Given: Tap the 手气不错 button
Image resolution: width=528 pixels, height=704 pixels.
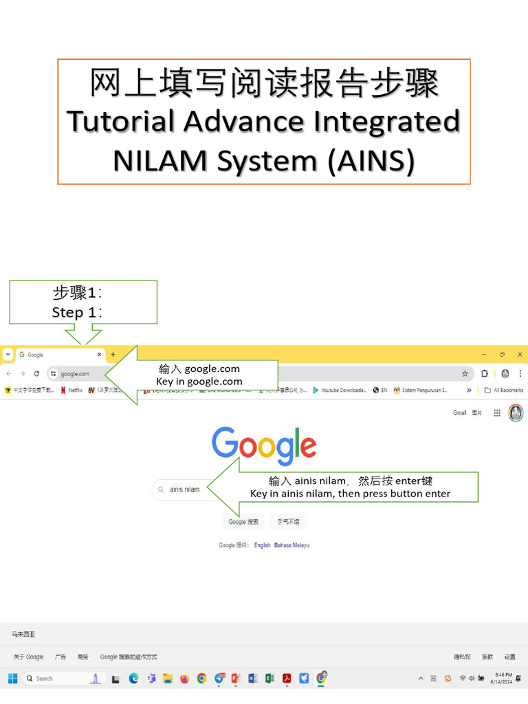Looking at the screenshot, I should [x=288, y=522].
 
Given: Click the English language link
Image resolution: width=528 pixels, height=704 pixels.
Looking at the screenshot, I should [x=262, y=545].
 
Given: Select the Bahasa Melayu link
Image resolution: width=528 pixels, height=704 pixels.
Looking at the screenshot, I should [x=291, y=545].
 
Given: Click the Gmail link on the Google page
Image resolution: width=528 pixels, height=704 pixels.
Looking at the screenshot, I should [x=459, y=413].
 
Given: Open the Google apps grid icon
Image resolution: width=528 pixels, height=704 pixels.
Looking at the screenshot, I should [x=496, y=413].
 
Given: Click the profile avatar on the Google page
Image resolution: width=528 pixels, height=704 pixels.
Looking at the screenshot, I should [x=516, y=413].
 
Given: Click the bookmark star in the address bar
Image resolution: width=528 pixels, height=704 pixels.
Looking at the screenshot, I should [x=465, y=374].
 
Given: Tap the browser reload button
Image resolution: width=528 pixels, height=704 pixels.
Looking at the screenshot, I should [x=36, y=374].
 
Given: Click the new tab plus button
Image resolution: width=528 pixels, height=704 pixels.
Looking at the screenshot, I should [x=113, y=355].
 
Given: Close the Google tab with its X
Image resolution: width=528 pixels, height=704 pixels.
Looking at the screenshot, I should [x=100, y=355].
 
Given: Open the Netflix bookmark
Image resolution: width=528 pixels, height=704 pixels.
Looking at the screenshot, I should [x=71, y=390].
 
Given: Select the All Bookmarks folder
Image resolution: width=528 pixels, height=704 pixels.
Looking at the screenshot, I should [x=504, y=390].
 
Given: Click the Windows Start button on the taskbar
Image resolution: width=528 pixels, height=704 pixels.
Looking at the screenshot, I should [x=12, y=679].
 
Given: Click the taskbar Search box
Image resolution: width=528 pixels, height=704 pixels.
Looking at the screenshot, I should [x=62, y=679].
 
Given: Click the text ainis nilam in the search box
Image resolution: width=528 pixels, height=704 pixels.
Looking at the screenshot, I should [x=184, y=489].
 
